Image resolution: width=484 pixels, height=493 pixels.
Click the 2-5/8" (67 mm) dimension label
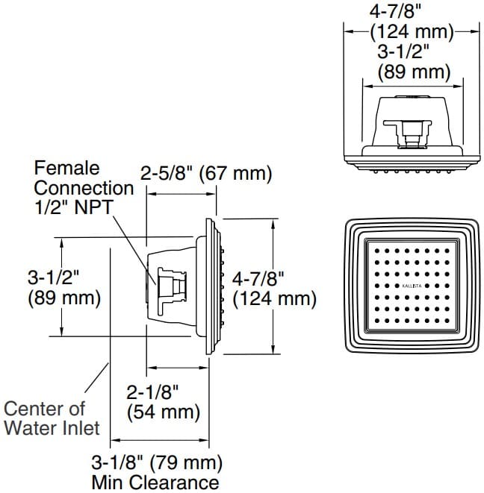[x=206, y=173]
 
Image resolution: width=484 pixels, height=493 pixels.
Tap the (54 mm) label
[x=163, y=411]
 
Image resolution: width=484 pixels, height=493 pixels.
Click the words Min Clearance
[x=155, y=481]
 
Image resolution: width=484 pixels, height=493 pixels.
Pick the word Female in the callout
[x=66, y=169]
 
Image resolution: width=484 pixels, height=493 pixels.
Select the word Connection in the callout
[x=84, y=187]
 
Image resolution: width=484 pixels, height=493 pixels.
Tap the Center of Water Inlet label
[x=52, y=418]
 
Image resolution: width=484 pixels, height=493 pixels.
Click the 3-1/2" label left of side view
[x=53, y=278]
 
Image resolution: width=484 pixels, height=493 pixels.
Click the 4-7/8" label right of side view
[x=259, y=279]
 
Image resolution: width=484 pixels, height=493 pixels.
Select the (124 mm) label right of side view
[x=275, y=299]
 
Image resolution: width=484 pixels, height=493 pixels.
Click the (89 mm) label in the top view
[x=414, y=72]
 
